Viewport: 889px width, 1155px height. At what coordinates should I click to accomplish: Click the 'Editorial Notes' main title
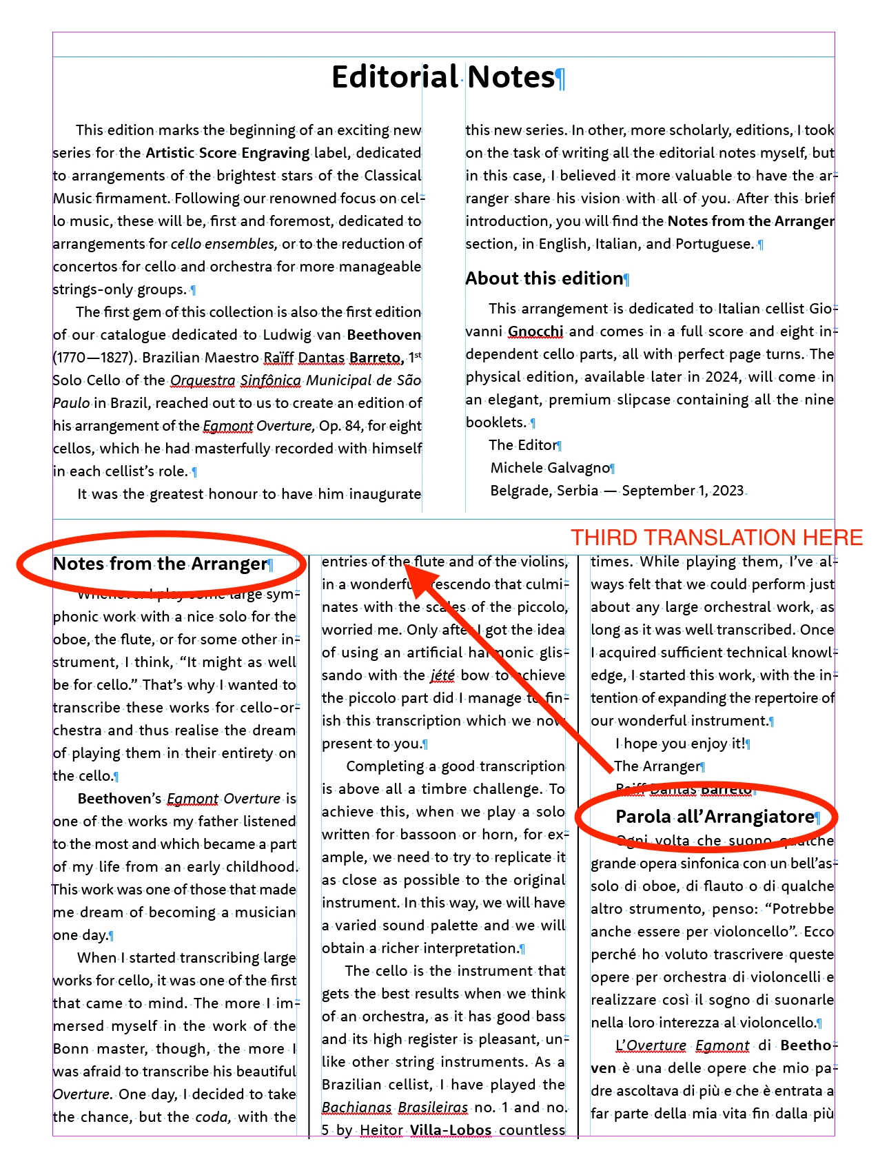coord(444,77)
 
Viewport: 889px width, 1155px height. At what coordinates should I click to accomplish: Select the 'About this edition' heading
coord(544,278)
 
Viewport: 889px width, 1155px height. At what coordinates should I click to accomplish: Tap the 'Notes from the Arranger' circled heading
coord(160,564)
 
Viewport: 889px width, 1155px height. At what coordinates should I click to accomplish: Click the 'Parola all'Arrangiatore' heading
coord(715,817)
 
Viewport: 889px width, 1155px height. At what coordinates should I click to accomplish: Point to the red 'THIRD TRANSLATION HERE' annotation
coord(717,538)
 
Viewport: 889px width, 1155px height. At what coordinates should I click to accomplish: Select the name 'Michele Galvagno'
coord(550,468)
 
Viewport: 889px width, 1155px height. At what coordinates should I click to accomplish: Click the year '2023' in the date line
coord(728,491)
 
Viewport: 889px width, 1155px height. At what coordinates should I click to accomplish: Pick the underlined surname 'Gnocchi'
coord(535,331)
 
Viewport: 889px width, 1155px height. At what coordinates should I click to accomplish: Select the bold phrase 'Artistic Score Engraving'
coord(227,153)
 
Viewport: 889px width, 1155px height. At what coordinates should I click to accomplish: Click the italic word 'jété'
coord(442,675)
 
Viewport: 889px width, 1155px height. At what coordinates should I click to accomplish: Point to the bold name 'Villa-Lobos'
coord(450,1130)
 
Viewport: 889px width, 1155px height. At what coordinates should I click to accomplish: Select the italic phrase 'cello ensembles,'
coord(224,244)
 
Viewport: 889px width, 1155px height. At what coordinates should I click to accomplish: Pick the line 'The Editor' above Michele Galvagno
coord(522,445)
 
